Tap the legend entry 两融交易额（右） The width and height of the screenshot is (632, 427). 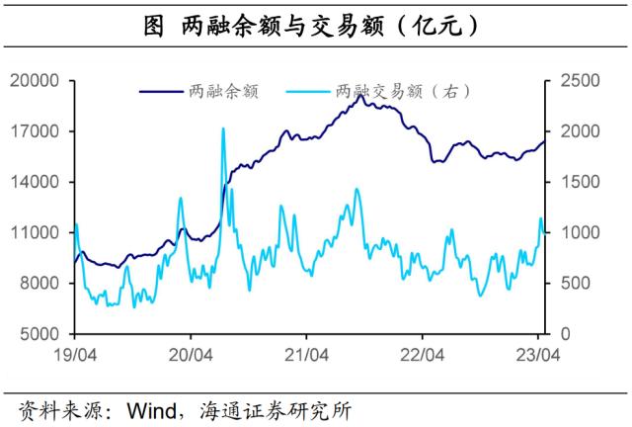click(403, 92)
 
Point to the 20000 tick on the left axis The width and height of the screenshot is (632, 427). click(37, 81)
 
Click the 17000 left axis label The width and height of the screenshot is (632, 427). click(37, 131)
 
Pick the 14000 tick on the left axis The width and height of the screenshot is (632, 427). click(37, 182)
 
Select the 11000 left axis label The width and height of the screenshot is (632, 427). click(37, 233)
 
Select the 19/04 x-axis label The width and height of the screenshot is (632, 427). click(75, 353)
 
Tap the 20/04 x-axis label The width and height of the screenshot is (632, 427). click(191, 353)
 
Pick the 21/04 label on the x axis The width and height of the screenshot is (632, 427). click(306, 353)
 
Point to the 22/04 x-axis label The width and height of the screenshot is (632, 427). click(422, 353)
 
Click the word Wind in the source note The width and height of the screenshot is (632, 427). click(151, 408)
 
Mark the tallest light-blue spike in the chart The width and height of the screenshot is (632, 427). click(223, 129)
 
